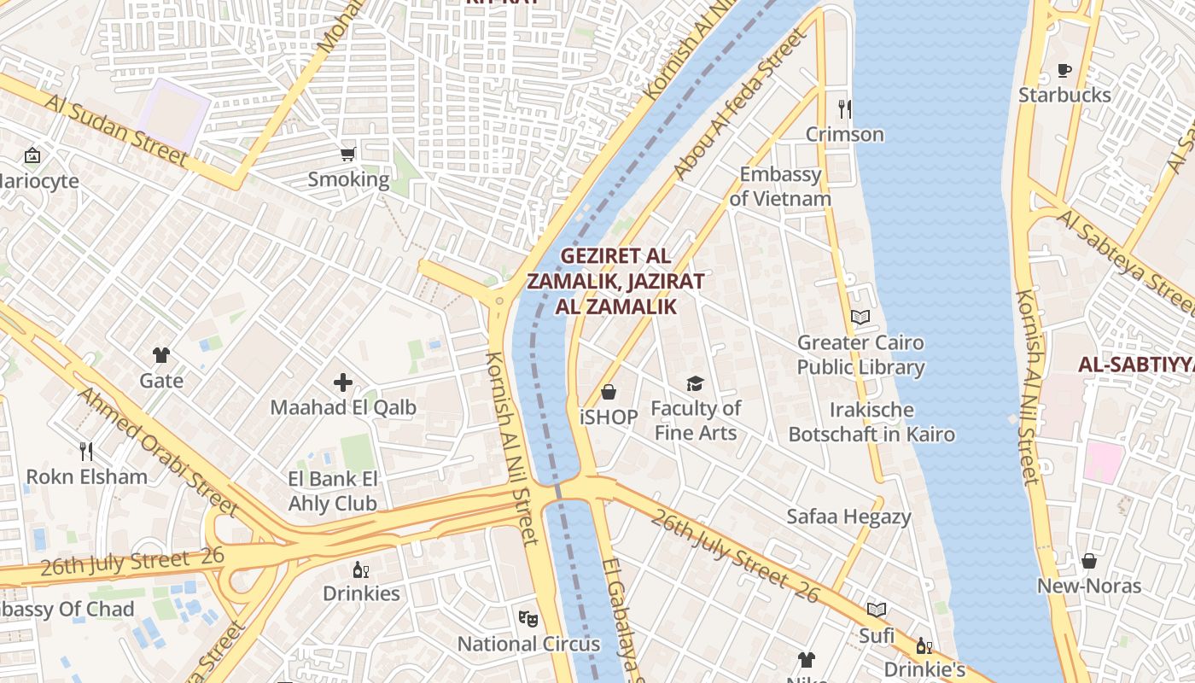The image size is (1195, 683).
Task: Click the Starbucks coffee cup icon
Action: (x=1064, y=70)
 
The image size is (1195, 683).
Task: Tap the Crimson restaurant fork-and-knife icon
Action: (x=844, y=108)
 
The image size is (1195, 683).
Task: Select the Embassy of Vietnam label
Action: (x=780, y=187)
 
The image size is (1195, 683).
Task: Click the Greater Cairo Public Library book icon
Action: (x=860, y=318)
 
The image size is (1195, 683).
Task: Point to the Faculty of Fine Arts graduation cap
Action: (x=696, y=384)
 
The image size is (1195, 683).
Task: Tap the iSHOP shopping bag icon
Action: (x=609, y=392)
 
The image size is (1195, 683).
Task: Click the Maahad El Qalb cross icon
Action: (x=343, y=382)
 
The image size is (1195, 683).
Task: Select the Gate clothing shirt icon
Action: (x=161, y=355)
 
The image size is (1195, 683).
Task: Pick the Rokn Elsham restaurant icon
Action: (x=86, y=451)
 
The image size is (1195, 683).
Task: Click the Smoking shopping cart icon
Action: (x=347, y=155)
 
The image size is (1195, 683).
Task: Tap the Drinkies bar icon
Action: (x=361, y=569)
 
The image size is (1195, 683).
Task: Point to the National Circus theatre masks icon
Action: (x=528, y=618)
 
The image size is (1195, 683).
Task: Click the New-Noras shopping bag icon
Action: (x=1089, y=561)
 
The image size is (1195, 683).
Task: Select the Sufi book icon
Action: (x=877, y=610)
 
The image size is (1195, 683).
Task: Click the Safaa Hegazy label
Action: (x=848, y=517)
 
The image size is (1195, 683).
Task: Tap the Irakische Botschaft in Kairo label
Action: (x=871, y=422)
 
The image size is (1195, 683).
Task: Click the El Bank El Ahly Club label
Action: (x=333, y=491)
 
